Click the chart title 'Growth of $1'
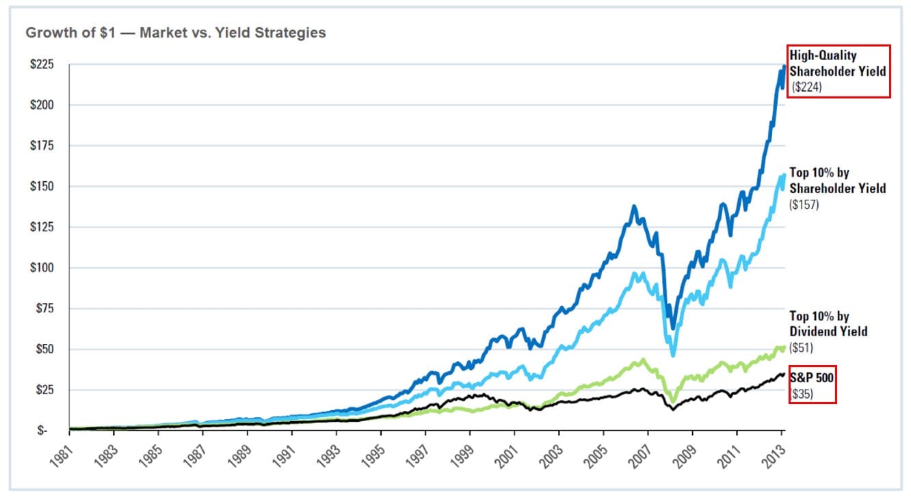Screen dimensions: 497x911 (x=175, y=33)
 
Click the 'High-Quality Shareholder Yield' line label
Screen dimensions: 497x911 (x=837, y=63)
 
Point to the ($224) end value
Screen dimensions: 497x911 (x=808, y=87)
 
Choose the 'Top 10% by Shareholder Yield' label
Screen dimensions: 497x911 (x=837, y=180)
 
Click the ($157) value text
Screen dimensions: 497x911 (x=805, y=204)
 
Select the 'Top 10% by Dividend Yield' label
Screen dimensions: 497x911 (x=828, y=324)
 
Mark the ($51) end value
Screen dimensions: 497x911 (x=802, y=347)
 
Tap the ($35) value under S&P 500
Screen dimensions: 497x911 (x=802, y=394)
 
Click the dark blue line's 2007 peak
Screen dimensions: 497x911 (x=634, y=206)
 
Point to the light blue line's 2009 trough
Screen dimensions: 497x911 (x=673, y=354)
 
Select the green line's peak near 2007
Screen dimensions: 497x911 (x=642, y=360)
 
